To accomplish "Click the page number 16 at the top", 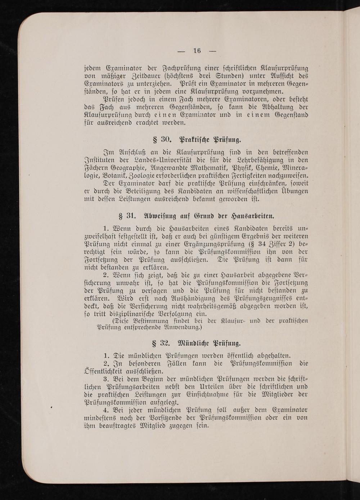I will pyautogui.click(x=197, y=50).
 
